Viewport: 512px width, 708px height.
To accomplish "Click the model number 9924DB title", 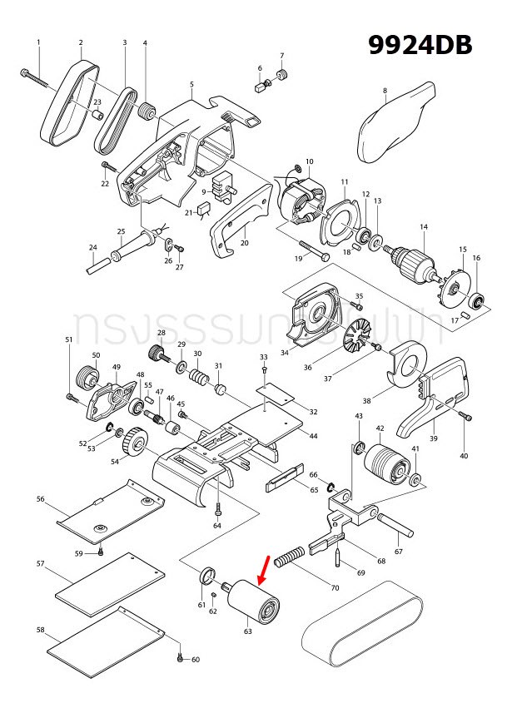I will tap(421, 45).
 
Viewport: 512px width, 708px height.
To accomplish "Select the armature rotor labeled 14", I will tap(414, 258).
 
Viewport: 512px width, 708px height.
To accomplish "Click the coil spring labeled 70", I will tap(292, 556).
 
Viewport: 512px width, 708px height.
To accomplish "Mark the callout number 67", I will tap(398, 552).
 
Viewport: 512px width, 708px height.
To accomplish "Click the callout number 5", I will tap(191, 84).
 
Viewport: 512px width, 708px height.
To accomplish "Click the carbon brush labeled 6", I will tap(258, 84).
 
